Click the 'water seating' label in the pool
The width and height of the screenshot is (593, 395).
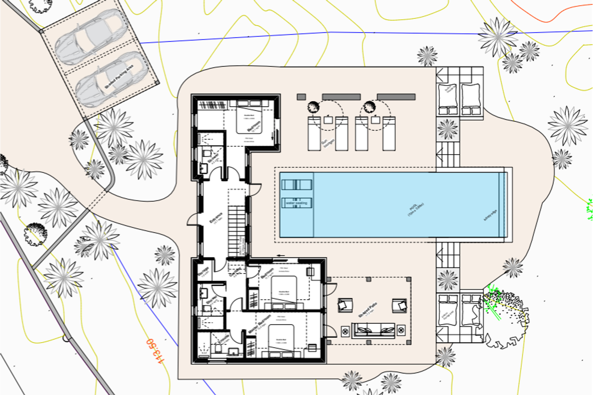coord(297,202)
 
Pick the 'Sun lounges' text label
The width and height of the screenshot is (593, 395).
coord(325,144)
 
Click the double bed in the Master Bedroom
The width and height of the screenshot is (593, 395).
coord(282,340)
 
